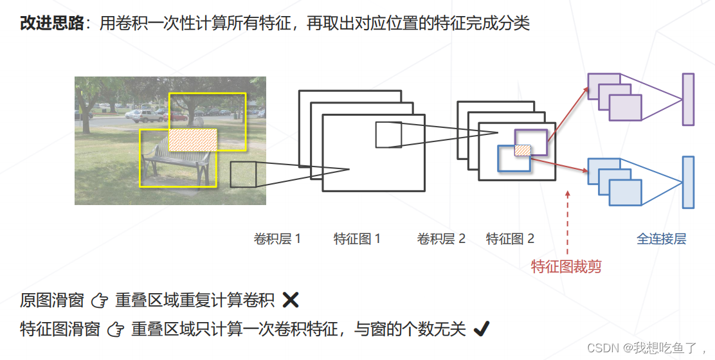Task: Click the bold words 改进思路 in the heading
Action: pyautogui.click(x=51, y=23)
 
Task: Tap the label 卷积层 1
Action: pyautogui.click(x=278, y=239)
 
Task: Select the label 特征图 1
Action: pyautogui.click(x=357, y=239)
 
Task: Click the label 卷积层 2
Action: pyautogui.click(x=441, y=239)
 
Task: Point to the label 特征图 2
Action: pyautogui.click(x=510, y=239)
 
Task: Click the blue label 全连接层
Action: pyautogui.click(x=661, y=239)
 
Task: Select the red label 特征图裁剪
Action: pyautogui.click(x=566, y=266)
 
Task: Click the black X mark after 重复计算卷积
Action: pyautogui.click(x=291, y=300)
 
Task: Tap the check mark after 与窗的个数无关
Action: pyautogui.click(x=481, y=330)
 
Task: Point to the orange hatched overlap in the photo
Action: pyautogui.click(x=193, y=139)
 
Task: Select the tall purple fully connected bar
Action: pyautogui.click(x=688, y=99)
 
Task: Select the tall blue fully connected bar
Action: pyautogui.click(x=688, y=182)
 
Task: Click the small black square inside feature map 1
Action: pyautogui.click(x=388, y=135)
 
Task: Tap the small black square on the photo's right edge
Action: pyautogui.click(x=243, y=174)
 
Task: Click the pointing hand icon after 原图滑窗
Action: pyautogui.click(x=98, y=300)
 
